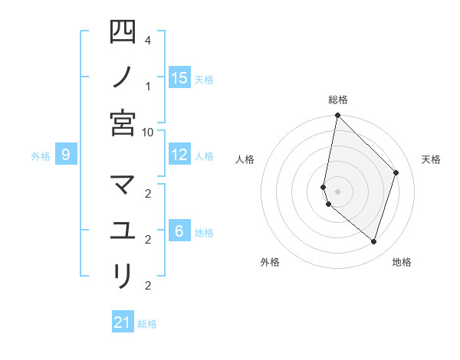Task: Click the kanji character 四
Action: (x=123, y=32)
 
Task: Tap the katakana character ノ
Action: (x=123, y=77)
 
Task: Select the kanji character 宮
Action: (x=123, y=123)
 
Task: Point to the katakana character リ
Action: (x=123, y=275)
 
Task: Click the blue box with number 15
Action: (x=179, y=77)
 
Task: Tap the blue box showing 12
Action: (x=179, y=155)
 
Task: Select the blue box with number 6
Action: (x=179, y=231)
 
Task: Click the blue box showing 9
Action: (x=66, y=155)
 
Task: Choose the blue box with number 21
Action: (x=123, y=322)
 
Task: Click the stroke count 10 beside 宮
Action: (x=148, y=132)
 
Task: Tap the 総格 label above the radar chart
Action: (x=337, y=100)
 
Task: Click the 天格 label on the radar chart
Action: (x=432, y=159)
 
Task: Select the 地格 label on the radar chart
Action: (x=402, y=262)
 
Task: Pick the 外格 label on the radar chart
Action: (x=270, y=262)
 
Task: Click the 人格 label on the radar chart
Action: (x=245, y=159)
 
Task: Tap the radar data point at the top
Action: (x=337, y=116)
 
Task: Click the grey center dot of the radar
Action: (x=337, y=191)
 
